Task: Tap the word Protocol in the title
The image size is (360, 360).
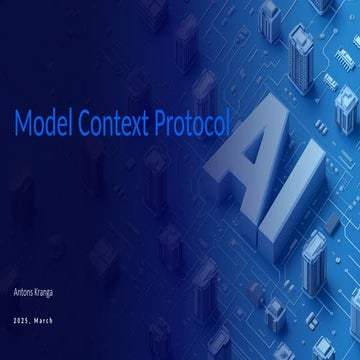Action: pos(193,123)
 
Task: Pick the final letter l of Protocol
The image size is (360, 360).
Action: pos(228,122)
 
